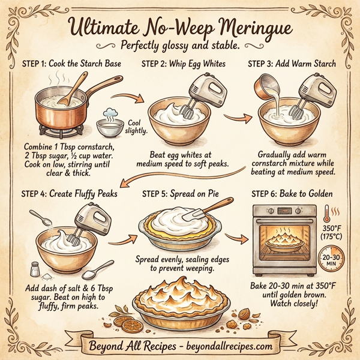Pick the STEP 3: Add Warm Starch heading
click(x=291, y=64)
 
